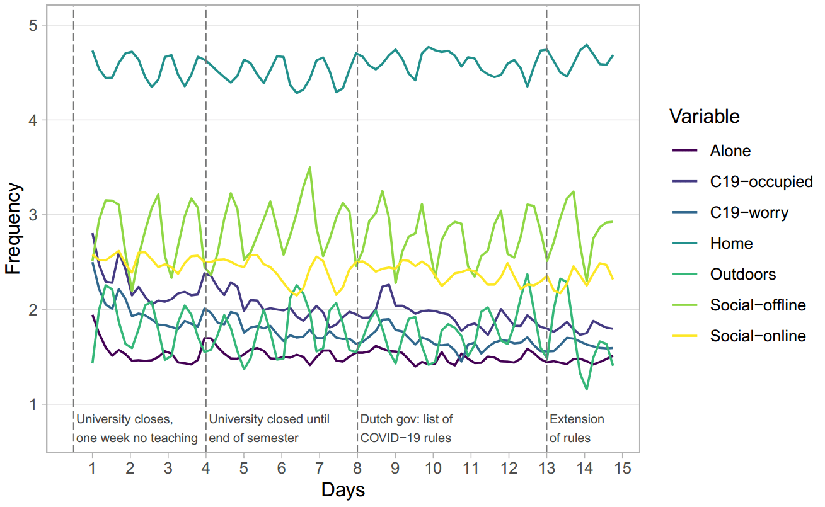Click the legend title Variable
pyautogui.click(x=704, y=117)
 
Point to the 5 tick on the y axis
pyautogui.click(x=33, y=26)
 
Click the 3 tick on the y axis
pyautogui.click(x=33, y=215)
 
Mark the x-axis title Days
pyautogui.click(x=343, y=490)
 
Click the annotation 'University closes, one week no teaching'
pyautogui.click(x=137, y=428)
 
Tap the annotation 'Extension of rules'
pyautogui.click(x=577, y=428)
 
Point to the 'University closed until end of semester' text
pyautogui.click(x=269, y=428)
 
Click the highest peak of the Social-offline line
pyautogui.click(x=309, y=168)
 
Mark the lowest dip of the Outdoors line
pyautogui.click(x=587, y=389)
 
